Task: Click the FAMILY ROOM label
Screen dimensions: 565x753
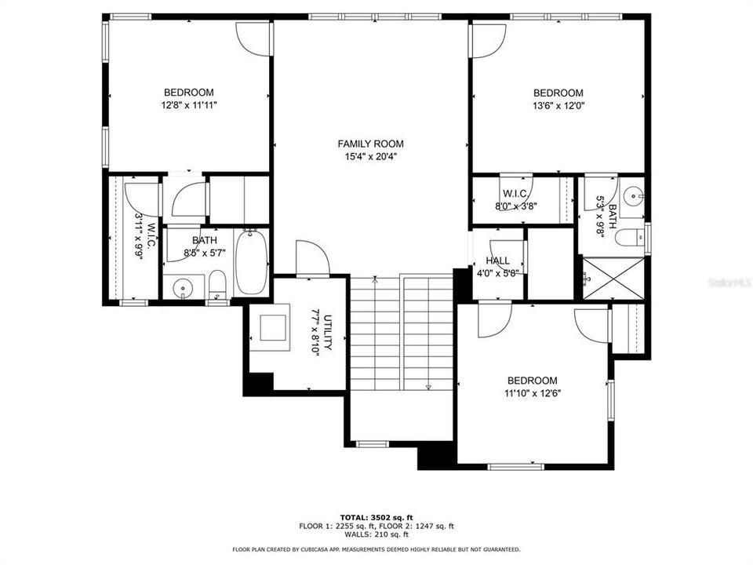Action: point(370,144)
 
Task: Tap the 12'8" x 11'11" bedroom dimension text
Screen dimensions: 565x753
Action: point(188,105)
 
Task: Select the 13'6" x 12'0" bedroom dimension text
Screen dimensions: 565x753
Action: point(558,105)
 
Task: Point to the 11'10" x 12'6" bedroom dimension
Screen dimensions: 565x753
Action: point(532,393)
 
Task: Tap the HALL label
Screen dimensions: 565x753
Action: point(497,261)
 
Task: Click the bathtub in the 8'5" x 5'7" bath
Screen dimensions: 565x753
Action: point(251,261)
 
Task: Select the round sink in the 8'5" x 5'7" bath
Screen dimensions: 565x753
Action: point(183,288)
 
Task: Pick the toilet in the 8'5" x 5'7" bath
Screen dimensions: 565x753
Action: point(217,284)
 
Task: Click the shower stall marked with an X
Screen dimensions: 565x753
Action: point(611,279)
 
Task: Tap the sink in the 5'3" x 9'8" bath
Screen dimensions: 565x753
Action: point(633,193)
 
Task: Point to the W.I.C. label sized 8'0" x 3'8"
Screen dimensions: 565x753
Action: point(515,193)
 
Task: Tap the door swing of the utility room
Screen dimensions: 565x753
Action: point(309,258)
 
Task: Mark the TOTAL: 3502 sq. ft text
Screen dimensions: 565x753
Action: point(376,518)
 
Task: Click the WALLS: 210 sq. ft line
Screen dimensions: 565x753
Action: point(376,534)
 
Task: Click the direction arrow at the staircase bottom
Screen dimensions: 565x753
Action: point(428,386)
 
